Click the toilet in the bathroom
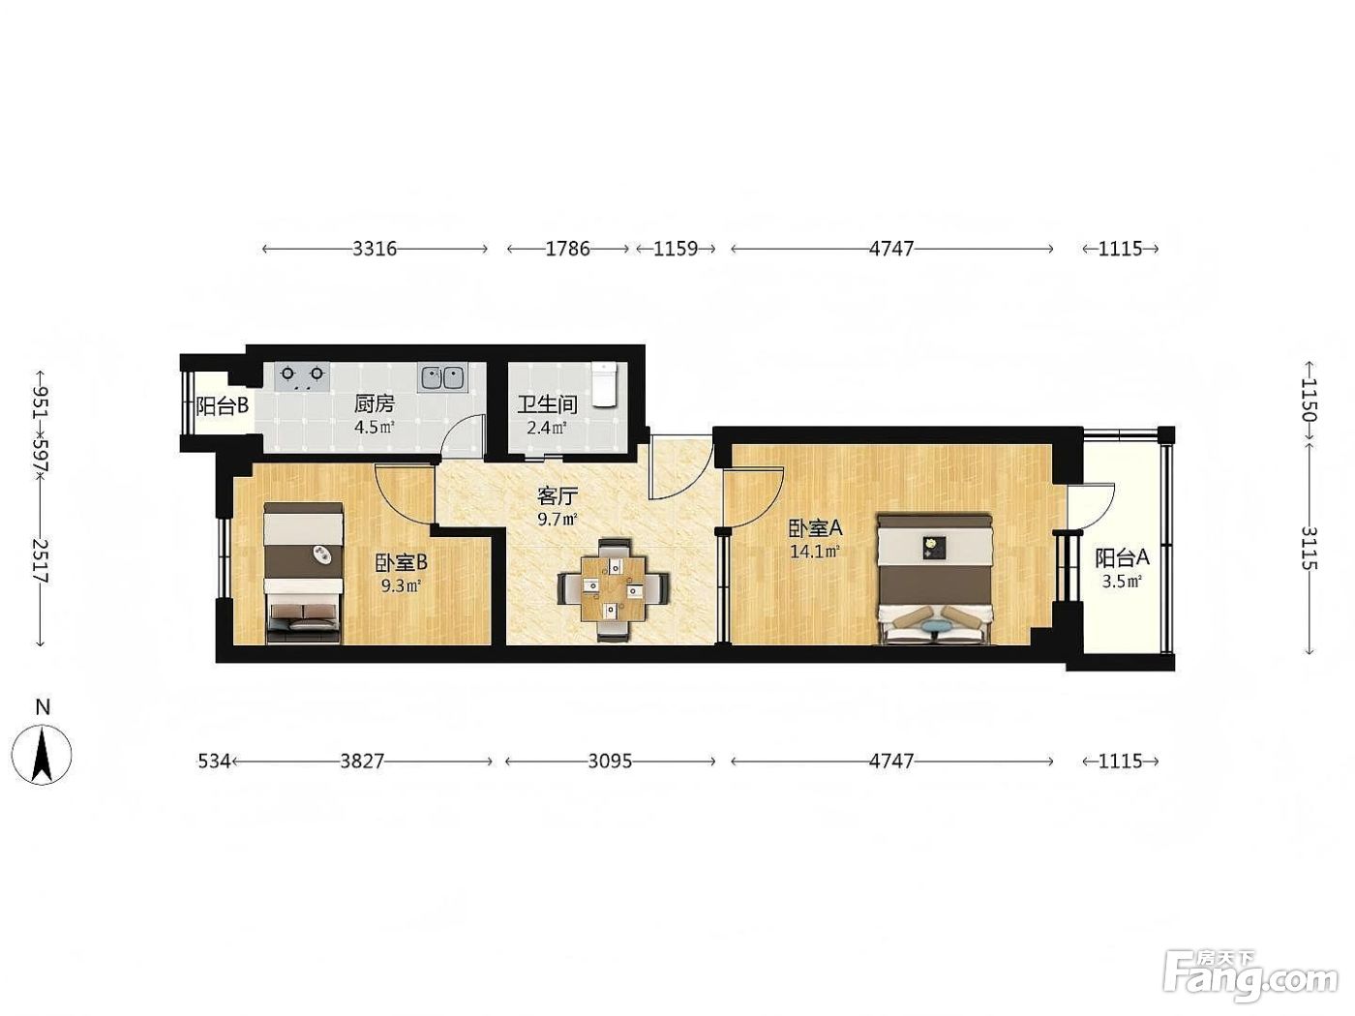click(604, 384)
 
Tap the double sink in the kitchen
click(442, 377)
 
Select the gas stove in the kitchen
click(301, 377)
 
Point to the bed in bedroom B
click(303, 573)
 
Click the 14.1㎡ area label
click(815, 551)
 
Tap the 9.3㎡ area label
click(402, 585)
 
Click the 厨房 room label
click(375, 404)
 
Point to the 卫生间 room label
click(547, 405)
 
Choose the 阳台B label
click(222, 405)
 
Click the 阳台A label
click(1122, 557)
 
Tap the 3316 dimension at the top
click(375, 249)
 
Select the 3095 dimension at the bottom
click(610, 762)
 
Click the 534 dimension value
click(214, 762)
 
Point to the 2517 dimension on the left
click(40, 561)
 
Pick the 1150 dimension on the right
click(1307, 400)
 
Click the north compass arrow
click(43, 755)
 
